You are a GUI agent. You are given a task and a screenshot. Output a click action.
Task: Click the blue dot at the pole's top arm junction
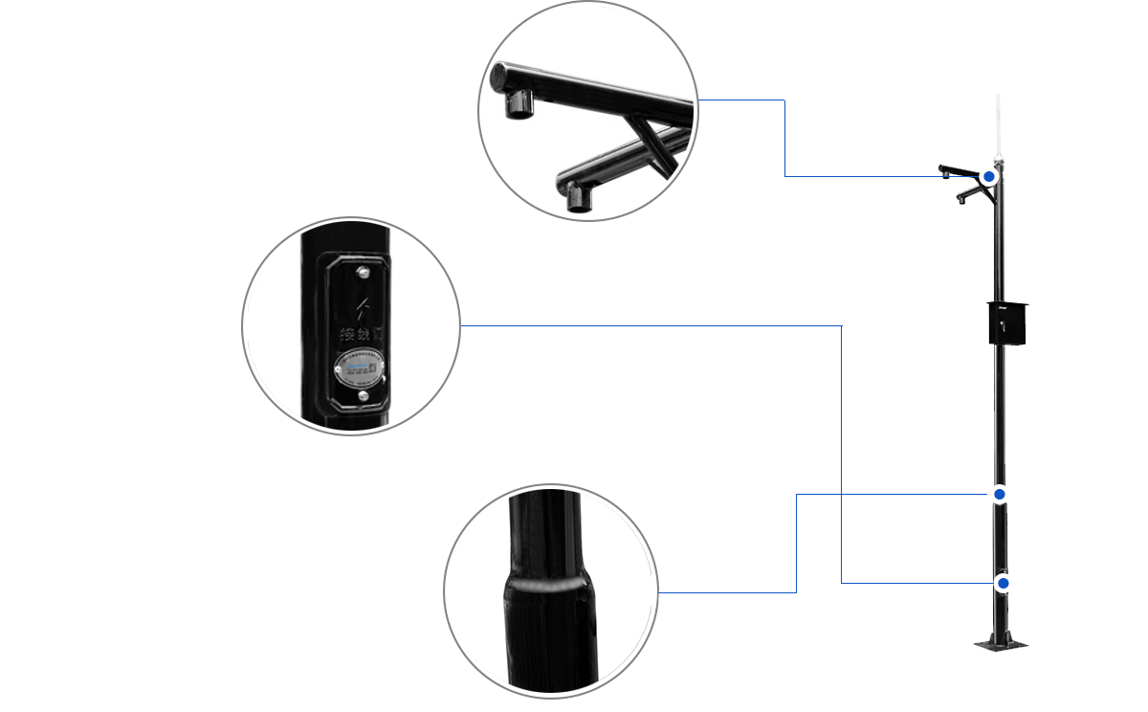[x=990, y=177]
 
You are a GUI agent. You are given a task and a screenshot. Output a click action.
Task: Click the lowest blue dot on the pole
[x=1003, y=583]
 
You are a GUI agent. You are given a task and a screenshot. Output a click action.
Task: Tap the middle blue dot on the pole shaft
[x=999, y=494]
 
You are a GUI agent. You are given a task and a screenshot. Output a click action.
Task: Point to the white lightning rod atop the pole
[x=997, y=124]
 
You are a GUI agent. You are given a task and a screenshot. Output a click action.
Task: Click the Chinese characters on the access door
[x=362, y=334]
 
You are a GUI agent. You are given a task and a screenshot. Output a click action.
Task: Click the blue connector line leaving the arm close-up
[x=784, y=134]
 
